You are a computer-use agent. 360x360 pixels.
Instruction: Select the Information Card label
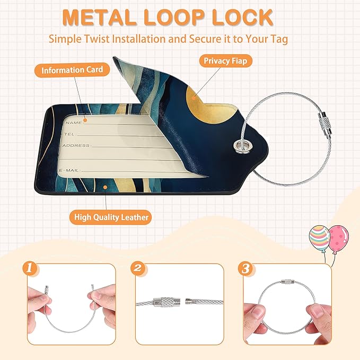coord(72,70)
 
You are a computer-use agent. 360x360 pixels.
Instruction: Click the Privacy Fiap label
coord(225,61)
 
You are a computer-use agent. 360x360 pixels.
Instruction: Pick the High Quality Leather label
coord(111,217)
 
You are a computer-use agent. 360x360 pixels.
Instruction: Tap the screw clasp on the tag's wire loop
coord(324,123)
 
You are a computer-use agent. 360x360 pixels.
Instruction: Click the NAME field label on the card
coord(74,122)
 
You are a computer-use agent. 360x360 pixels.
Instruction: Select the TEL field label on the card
coord(69,134)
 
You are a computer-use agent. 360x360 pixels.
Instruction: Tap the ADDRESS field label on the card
coord(76,145)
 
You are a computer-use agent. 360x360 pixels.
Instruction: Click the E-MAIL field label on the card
coord(69,170)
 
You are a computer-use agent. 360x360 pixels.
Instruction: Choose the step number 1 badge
coord(29,268)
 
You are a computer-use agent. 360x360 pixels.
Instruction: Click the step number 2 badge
coord(137,268)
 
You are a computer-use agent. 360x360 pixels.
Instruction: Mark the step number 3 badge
coord(245,268)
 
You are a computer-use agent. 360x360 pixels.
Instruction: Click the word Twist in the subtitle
coord(96,39)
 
